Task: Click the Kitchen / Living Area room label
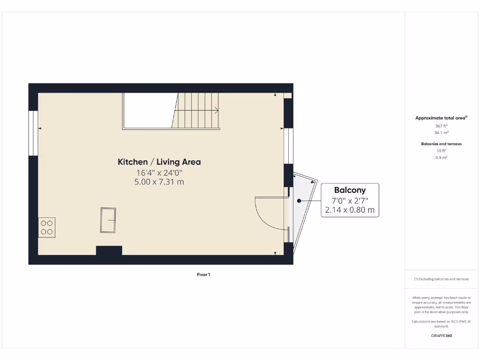159,162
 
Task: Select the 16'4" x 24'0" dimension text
159,172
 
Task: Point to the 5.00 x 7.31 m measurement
159,182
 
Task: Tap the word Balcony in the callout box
350,190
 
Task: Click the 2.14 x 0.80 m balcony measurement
350,210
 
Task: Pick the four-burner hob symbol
47,227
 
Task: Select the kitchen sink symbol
108,220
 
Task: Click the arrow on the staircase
216,111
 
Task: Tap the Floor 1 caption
203,275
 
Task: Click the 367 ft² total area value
441,126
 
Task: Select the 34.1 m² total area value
441,133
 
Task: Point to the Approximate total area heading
441,118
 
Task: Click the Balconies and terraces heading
441,144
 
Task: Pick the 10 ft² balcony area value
441,151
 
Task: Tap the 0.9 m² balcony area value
441,157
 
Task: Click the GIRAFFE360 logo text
441,336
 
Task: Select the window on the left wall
33,133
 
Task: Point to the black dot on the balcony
299,201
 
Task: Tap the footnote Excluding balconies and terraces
441,279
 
